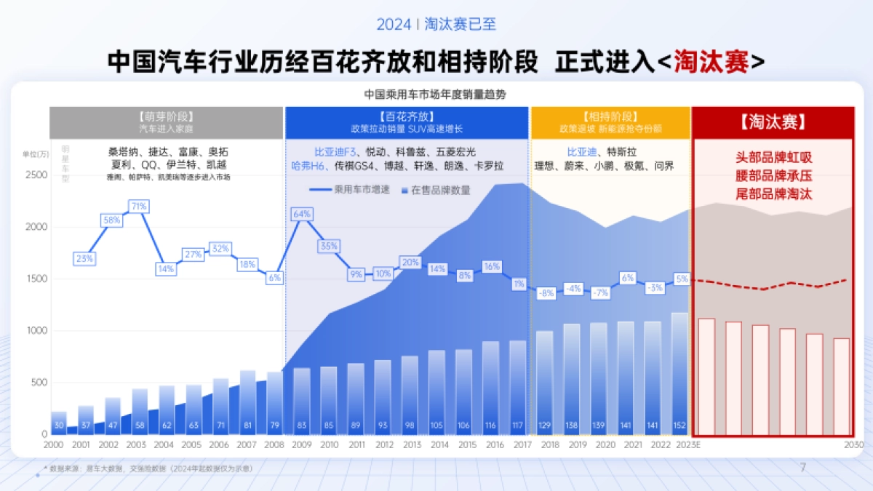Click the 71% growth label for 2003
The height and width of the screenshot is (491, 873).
138,207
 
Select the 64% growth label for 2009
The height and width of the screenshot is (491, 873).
301,214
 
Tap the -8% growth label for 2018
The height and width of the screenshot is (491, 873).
546,294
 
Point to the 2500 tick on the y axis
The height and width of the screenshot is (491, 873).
36,175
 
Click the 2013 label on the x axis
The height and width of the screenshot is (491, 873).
412,444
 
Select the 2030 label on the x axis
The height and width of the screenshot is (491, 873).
854,444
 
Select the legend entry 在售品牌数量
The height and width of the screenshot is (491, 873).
436,190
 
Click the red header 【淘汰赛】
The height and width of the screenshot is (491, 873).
773,122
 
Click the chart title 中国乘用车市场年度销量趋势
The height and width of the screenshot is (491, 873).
435,94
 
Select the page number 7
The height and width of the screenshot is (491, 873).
803,468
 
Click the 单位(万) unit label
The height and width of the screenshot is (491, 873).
36,153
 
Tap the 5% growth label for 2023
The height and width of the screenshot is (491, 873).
682,279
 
